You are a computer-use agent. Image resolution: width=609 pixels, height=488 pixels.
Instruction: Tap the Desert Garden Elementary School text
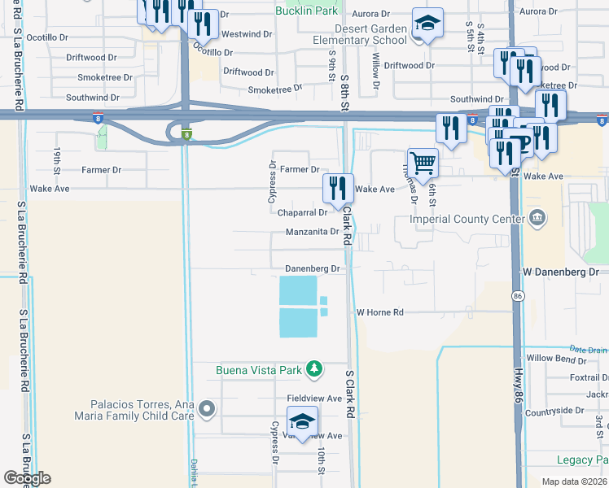361,33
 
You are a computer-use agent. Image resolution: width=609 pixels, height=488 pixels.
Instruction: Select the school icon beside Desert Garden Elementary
427,24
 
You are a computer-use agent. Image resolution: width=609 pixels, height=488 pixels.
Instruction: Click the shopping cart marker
423,162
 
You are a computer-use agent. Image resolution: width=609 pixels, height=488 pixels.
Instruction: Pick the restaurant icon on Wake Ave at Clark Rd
337,189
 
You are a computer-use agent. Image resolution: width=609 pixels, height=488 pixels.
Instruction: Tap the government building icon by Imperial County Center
537,218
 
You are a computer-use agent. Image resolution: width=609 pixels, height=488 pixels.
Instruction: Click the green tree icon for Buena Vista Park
313,370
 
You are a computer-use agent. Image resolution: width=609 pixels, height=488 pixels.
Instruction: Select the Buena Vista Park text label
259,371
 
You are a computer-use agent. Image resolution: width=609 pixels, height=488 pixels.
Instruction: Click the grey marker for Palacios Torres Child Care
208,410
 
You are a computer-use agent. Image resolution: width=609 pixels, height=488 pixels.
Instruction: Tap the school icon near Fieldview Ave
302,421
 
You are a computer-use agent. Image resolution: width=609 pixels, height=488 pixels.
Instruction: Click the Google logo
27,478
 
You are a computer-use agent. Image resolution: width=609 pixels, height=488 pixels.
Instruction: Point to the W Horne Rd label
379,312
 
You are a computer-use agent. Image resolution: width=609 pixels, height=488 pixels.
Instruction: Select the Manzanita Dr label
312,232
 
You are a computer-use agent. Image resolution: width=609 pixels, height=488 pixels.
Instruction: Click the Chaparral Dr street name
302,213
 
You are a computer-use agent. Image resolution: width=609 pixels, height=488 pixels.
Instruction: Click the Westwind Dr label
246,34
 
